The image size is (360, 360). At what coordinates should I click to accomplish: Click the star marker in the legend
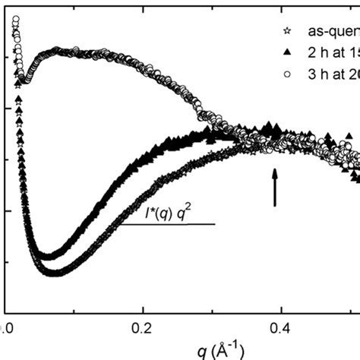tap(286, 33)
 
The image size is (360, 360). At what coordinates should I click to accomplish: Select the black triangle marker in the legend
tap(286, 54)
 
